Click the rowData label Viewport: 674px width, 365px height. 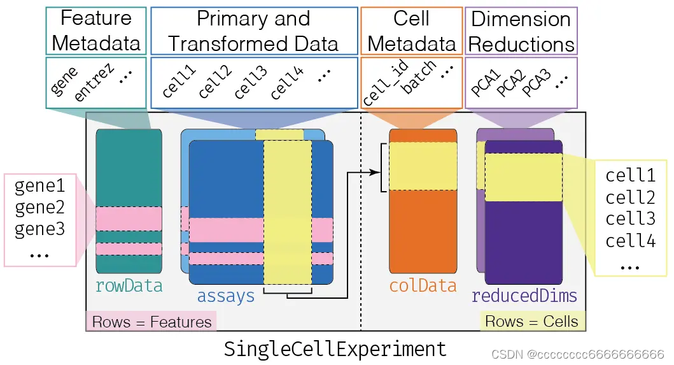(x=129, y=285)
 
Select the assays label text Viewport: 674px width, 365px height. (x=225, y=295)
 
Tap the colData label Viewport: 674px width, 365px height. (x=423, y=285)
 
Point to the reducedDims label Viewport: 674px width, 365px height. (x=524, y=295)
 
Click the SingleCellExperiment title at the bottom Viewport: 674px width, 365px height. (x=335, y=348)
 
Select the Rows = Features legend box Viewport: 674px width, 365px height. (x=151, y=321)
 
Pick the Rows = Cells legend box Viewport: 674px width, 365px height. (x=531, y=321)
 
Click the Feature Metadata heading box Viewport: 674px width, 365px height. (x=96, y=31)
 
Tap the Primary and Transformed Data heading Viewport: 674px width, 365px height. (x=253, y=31)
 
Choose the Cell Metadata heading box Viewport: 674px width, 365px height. (x=411, y=31)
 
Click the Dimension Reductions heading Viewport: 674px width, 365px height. (x=521, y=31)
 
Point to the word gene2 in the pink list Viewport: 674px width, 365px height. (x=40, y=208)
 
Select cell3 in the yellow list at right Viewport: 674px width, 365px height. (x=630, y=218)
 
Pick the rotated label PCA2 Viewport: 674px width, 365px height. (x=510, y=83)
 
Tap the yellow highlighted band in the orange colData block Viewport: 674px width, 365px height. (x=423, y=166)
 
